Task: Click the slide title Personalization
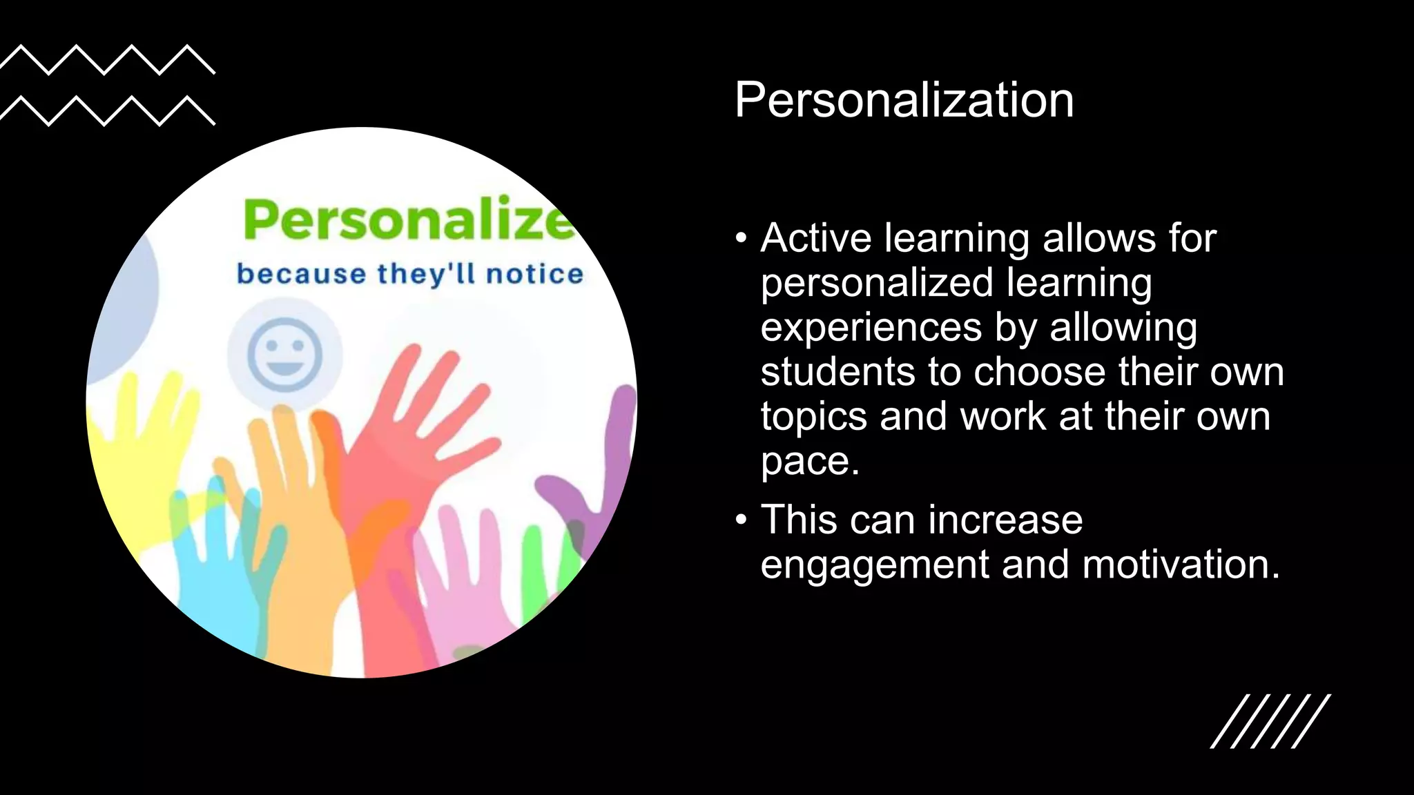point(904,101)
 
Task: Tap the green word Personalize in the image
point(409,219)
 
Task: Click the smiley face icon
point(285,354)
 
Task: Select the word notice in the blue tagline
point(534,274)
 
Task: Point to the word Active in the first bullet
point(816,238)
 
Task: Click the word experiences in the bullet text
point(871,327)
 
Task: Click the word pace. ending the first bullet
point(810,461)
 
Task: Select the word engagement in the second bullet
point(875,565)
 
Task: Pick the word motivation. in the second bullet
point(1181,565)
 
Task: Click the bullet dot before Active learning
point(742,238)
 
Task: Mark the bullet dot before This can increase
point(742,520)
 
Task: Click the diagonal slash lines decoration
point(1270,721)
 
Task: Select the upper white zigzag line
point(107,59)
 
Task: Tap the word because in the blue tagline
point(301,274)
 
